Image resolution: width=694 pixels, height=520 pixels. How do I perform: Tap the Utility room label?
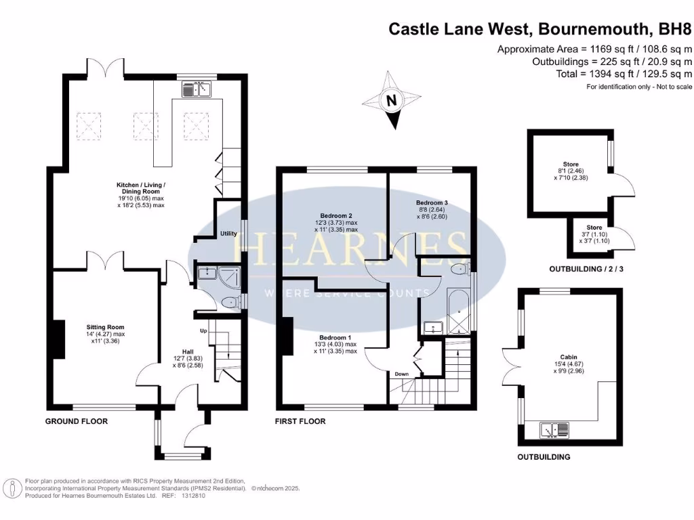click(x=228, y=234)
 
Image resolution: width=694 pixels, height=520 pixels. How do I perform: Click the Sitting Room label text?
click(x=105, y=327)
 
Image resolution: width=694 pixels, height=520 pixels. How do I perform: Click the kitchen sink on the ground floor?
click(x=197, y=88)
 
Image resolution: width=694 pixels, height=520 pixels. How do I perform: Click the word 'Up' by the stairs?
click(x=203, y=331)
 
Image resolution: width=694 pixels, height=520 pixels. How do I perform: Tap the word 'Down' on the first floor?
click(x=401, y=373)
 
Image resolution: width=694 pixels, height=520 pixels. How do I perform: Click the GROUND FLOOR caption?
click(x=77, y=421)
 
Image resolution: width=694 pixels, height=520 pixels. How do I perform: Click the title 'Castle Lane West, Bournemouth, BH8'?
click(x=540, y=28)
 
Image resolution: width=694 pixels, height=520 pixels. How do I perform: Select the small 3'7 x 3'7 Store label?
click(x=594, y=232)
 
